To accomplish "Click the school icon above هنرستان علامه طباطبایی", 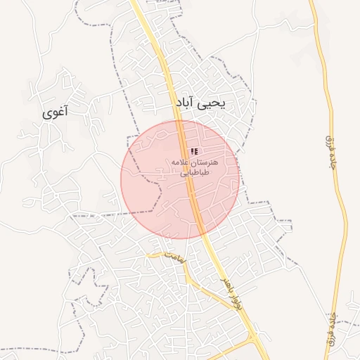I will click(194, 152).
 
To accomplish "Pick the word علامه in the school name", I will click(181, 162).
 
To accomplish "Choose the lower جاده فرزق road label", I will click(330, 330).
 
